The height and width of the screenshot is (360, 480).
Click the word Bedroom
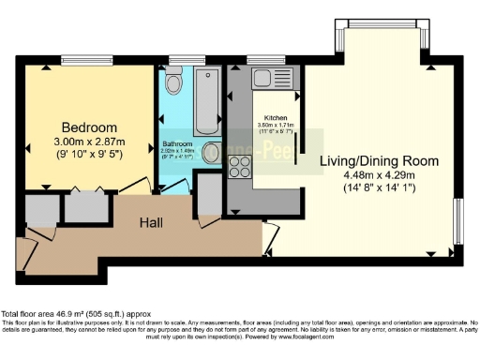pyautogui.click(x=89, y=127)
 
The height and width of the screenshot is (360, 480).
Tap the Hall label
pyautogui.click(x=154, y=222)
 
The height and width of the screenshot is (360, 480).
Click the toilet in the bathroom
pyautogui.click(x=173, y=84)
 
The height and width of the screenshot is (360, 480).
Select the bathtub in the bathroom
pyautogui.click(x=206, y=100)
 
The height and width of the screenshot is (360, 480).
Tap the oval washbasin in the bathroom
pyautogui.click(x=212, y=152)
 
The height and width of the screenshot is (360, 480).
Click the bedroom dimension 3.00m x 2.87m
pyautogui.click(x=89, y=142)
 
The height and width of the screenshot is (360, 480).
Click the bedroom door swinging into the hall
pyautogui.click(x=134, y=185)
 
